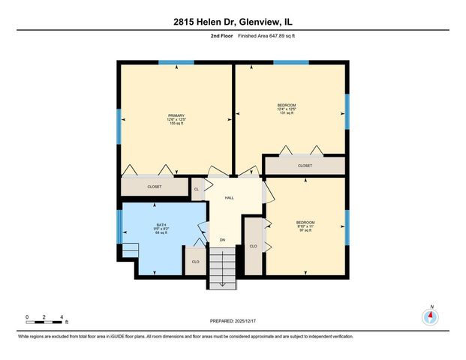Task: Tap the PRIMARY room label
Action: [x=176, y=115]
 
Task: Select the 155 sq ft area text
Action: [x=176, y=124]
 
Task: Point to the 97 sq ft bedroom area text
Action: [x=305, y=230]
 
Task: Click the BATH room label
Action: [x=161, y=224]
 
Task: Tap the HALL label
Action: [x=230, y=198]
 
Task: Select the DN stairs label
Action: [x=222, y=240]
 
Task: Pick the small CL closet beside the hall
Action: [x=197, y=189]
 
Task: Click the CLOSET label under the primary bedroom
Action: [x=154, y=186]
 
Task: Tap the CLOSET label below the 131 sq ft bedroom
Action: [x=305, y=166]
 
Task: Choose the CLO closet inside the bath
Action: [x=195, y=262]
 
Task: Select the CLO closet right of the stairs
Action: [x=254, y=246]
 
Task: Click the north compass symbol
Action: [x=430, y=316]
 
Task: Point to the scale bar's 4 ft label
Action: [x=62, y=316]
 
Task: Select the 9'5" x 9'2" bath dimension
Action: [x=161, y=229]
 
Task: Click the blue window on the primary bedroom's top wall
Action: [x=176, y=63]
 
